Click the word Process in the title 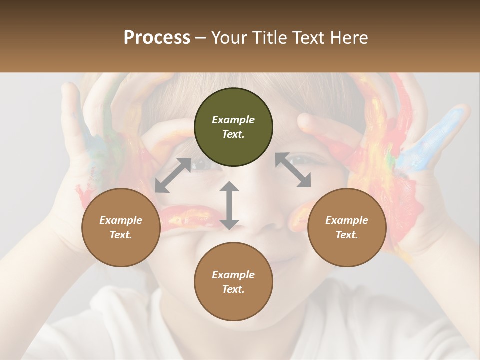coord(157,38)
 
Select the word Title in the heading coord(269,38)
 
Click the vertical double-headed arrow coord(229,205)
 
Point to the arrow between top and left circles coord(173,175)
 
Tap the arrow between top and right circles coord(293,170)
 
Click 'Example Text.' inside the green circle coord(233,127)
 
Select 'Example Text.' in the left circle coord(121,227)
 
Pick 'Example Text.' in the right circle coord(347,227)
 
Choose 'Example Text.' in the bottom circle coord(233,282)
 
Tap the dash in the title coord(201,38)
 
